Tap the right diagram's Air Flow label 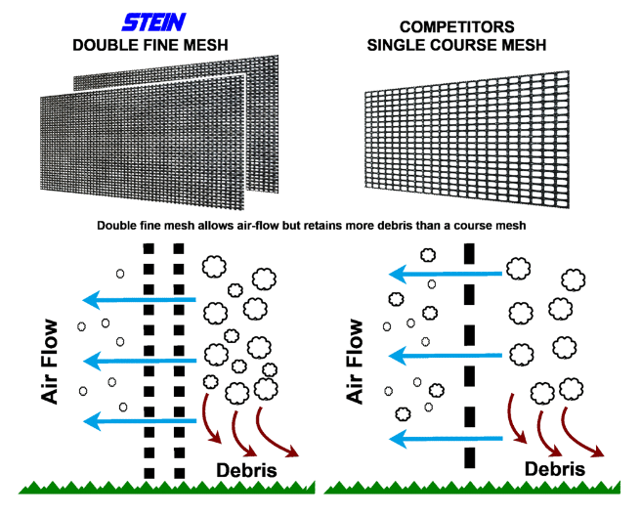tap(355, 361)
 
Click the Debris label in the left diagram tap(245, 469)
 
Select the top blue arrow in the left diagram tap(139, 300)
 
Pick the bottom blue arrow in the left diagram tap(139, 421)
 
